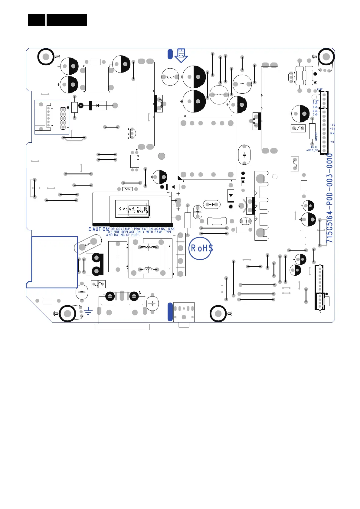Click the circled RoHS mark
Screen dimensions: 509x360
(x=200, y=248)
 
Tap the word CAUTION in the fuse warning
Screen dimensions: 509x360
(x=98, y=229)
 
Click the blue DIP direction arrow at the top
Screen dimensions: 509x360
(x=181, y=55)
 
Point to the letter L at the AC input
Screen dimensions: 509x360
(x=104, y=293)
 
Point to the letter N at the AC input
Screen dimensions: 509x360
(x=140, y=293)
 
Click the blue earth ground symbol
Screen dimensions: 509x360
(x=88, y=310)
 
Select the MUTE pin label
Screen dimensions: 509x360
(x=314, y=147)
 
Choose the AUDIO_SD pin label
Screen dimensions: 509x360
(x=312, y=150)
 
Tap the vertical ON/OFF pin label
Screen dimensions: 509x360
(x=316, y=136)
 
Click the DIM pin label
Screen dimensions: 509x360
(x=332, y=133)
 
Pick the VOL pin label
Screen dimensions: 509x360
(x=332, y=142)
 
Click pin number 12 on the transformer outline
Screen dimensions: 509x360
(x=185, y=116)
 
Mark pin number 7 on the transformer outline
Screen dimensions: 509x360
(x=232, y=116)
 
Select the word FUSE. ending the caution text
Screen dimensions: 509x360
(x=135, y=235)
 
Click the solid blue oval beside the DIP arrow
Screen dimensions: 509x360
(x=170, y=54)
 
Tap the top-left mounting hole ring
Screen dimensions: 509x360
(x=46, y=57)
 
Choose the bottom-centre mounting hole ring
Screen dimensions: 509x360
(x=218, y=313)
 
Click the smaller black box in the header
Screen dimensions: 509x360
(x=36, y=20)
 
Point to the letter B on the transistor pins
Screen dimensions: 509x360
(x=294, y=73)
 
